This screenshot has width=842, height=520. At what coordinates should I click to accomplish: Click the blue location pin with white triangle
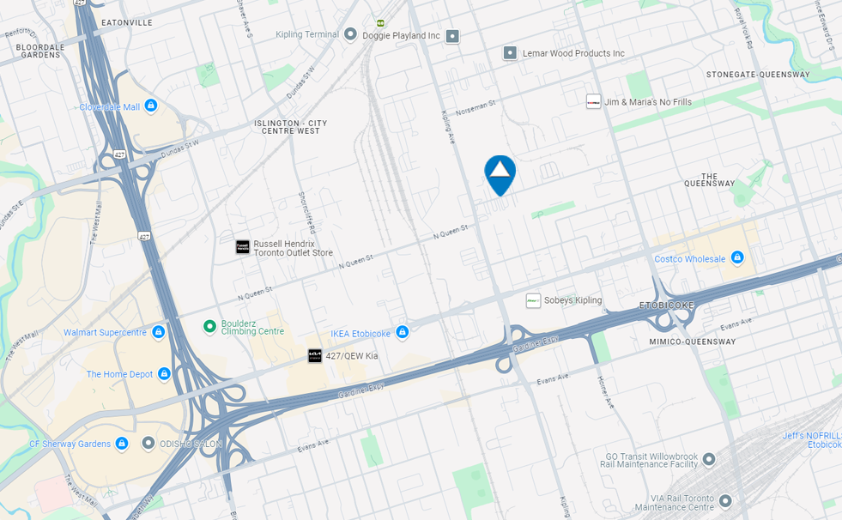[x=500, y=172]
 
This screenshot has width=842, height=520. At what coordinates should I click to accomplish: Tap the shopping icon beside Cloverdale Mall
[x=151, y=106]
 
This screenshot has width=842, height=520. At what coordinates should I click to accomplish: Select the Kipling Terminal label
[x=306, y=34]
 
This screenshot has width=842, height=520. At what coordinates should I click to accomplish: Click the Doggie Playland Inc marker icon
[x=452, y=36]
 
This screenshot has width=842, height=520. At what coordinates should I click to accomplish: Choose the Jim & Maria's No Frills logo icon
[x=593, y=101]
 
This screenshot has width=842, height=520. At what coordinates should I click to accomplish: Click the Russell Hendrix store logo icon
[x=243, y=247]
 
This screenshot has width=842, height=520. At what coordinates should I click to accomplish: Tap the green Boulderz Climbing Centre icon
[x=209, y=326]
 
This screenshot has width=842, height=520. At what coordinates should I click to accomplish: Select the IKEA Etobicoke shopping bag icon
[x=402, y=332]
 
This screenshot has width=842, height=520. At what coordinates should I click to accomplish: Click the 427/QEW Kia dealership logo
[x=315, y=355]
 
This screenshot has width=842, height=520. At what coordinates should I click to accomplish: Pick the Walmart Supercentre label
[x=105, y=332]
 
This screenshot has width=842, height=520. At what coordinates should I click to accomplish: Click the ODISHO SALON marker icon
[x=148, y=444]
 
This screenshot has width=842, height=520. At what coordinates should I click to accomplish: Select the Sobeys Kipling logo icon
[x=533, y=300]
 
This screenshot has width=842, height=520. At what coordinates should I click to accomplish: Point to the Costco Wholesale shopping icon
[x=736, y=258]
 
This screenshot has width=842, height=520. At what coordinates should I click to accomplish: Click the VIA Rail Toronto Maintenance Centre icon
[x=725, y=500]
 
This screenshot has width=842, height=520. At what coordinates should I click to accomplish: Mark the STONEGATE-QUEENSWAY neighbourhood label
[x=758, y=75]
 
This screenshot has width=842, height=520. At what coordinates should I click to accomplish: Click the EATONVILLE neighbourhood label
[x=126, y=21]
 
